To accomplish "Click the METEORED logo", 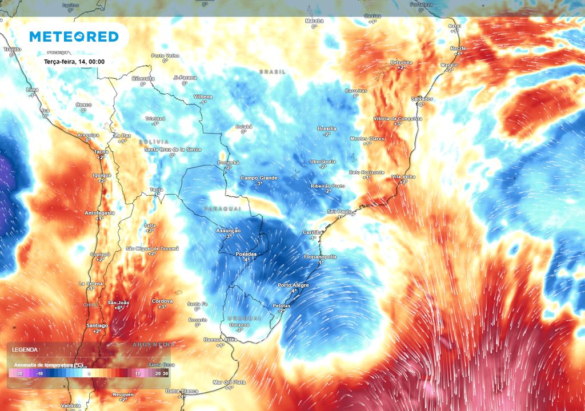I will [x=74, y=37].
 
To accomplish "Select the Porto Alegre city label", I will [x=292, y=285].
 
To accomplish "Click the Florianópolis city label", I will [x=320, y=257].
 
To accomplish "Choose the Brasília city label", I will [x=327, y=128].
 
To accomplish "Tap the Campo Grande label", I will [x=259, y=178].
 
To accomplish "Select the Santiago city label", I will [x=97, y=325].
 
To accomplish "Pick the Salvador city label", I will [x=422, y=99].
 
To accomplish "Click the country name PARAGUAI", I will [x=222, y=209].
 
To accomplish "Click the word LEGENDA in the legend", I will [x=25, y=349].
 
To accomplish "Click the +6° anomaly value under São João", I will [x=118, y=308].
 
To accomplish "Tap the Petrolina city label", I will [x=401, y=62].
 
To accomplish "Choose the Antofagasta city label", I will [x=100, y=213].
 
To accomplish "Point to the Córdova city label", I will [x=162, y=301].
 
